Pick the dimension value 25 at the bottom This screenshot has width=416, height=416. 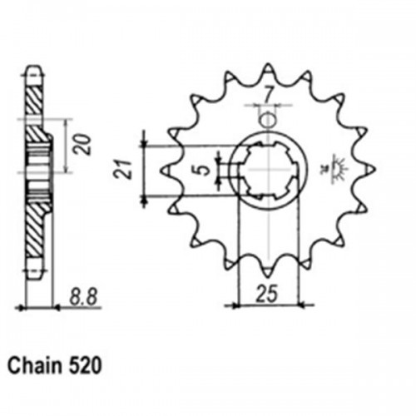[267, 293]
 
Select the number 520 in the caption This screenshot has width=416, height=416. [87, 366]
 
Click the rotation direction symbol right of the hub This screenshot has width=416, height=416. [339, 170]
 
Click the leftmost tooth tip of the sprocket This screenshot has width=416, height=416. [160, 170]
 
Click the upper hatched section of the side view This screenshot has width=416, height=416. [34, 100]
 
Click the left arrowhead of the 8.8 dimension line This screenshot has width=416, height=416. [22, 307]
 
